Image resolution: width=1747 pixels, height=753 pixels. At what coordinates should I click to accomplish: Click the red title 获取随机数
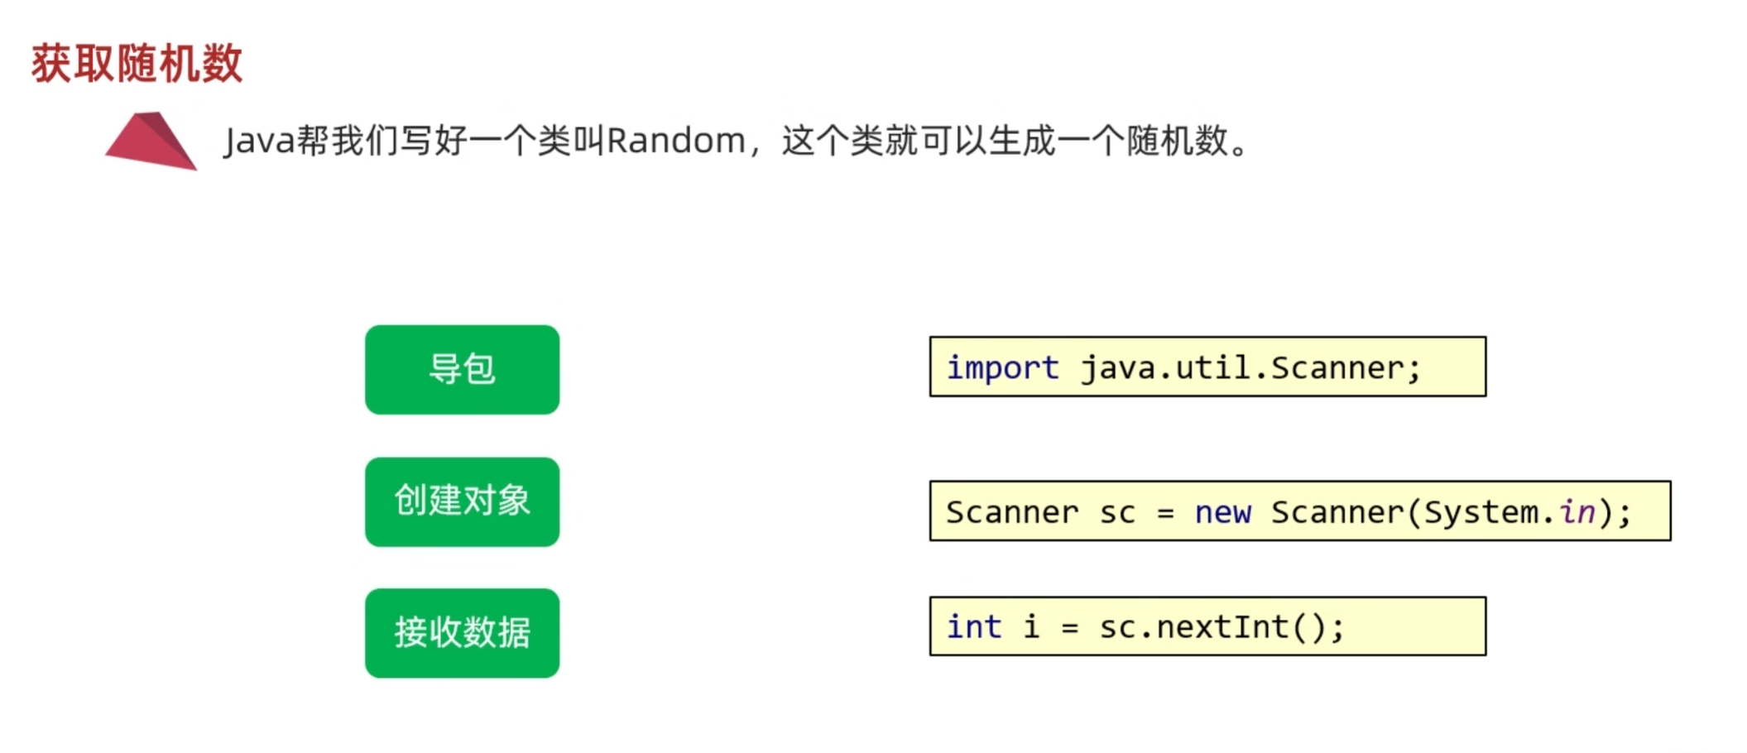(x=137, y=64)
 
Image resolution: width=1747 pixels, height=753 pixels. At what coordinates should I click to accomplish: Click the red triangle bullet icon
(x=151, y=141)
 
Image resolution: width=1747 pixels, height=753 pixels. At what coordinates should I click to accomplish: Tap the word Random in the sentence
(x=676, y=141)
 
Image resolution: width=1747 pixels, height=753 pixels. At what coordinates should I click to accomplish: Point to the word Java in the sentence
(x=259, y=141)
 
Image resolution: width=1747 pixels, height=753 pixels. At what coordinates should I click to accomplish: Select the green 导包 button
(x=462, y=369)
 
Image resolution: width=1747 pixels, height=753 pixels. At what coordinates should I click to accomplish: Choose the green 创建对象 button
(x=462, y=501)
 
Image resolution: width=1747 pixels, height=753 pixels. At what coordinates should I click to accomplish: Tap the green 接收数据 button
(x=462, y=633)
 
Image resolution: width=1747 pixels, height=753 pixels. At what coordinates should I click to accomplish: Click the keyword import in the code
(x=1002, y=367)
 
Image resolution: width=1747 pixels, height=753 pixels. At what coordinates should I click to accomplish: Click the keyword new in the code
(x=1222, y=512)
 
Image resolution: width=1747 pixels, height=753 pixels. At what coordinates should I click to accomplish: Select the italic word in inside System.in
(x=1577, y=512)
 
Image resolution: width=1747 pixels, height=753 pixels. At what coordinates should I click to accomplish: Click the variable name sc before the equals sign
(x=1117, y=512)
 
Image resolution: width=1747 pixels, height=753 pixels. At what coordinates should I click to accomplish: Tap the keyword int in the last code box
(x=974, y=627)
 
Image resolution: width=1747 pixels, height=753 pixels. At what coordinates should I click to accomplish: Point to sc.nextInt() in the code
(x=1213, y=627)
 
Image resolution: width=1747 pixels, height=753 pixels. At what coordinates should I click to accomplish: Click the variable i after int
(x=1031, y=627)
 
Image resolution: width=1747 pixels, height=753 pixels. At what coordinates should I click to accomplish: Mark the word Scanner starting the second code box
(x=1012, y=512)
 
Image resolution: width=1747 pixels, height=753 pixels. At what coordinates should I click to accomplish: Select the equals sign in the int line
(x=1070, y=628)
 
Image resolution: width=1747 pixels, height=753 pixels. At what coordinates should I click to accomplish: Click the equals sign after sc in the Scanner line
(x=1165, y=513)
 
